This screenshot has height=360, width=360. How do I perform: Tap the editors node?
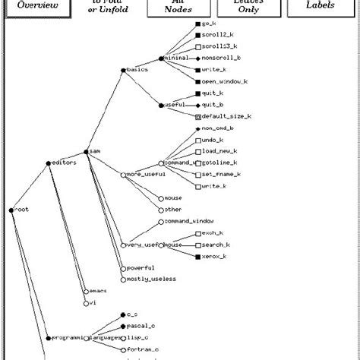[x=62, y=163]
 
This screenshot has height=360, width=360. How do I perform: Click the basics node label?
[x=137, y=70]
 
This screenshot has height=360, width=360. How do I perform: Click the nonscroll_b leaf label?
[x=224, y=58]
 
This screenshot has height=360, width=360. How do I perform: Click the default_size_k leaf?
[x=226, y=117]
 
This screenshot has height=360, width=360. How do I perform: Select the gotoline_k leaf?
[x=220, y=163]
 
